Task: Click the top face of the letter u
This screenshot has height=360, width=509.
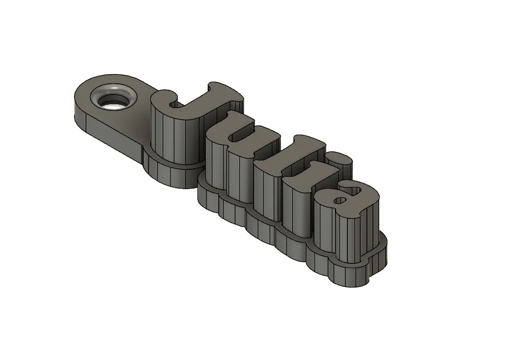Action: tap(247, 130)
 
